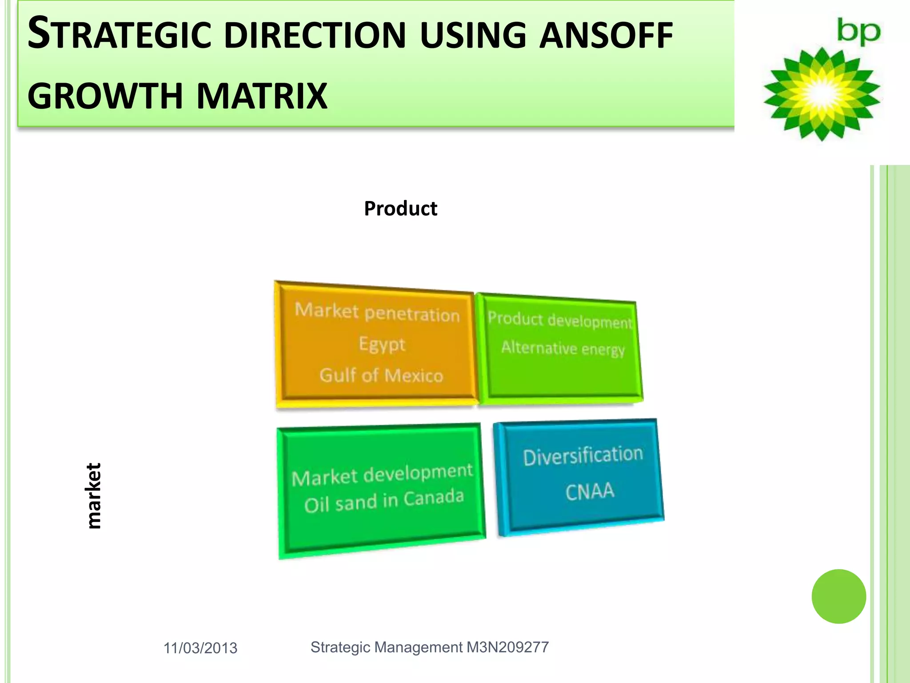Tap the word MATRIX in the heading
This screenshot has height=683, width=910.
pyautogui.click(x=262, y=96)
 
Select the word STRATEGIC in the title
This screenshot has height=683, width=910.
pyautogui.click(x=119, y=35)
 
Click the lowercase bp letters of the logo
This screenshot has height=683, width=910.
pyautogui.click(x=858, y=32)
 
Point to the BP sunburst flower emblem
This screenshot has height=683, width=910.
pyautogui.click(x=822, y=94)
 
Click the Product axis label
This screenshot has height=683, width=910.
pyautogui.click(x=400, y=209)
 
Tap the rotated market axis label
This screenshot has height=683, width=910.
pyautogui.click(x=94, y=495)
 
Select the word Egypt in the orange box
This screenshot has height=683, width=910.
pyautogui.click(x=382, y=344)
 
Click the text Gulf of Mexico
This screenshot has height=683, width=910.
pyautogui.click(x=381, y=376)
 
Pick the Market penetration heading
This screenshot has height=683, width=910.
pyautogui.click(x=377, y=312)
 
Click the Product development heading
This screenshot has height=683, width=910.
pyautogui.click(x=559, y=320)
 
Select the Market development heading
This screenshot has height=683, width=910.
pyautogui.click(x=382, y=474)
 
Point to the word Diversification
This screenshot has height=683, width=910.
pyautogui.click(x=583, y=456)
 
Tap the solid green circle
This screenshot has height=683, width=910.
pyautogui.click(x=838, y=596)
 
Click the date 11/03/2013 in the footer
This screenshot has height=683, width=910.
pyautogui.click(x=200, y=648)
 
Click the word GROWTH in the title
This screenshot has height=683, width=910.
pyautogui.click(x=105, y=96)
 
